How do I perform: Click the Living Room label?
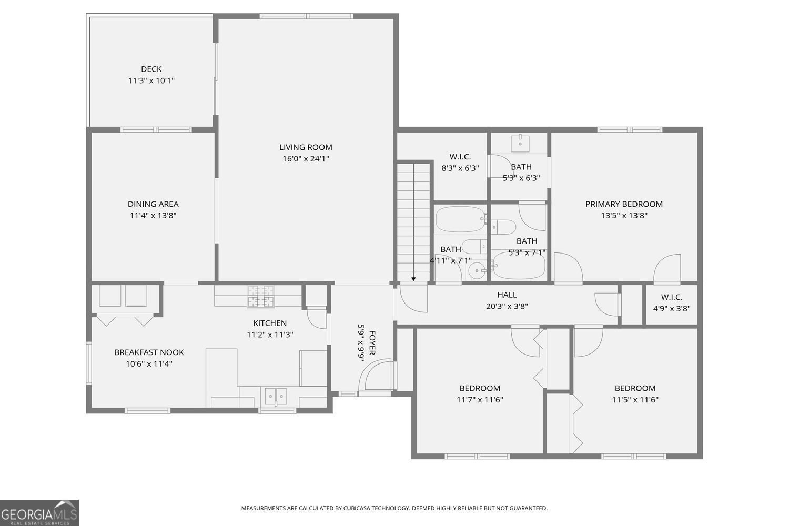coord(306,147)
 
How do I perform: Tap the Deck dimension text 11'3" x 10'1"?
coord(151,80)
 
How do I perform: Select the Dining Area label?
coord(153,204)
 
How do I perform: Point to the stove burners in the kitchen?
coord(261,296)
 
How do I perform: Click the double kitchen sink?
coord(276,397)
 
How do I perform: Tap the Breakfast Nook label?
coord(149,352)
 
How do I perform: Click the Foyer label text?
coord(372,342)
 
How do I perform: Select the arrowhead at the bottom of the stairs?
coord(413,279)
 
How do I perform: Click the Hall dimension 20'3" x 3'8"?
coord(507,307)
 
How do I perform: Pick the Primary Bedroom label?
coord(624,204)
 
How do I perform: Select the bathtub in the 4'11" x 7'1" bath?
coord(460,219)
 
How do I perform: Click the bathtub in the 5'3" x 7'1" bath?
coord(518,265)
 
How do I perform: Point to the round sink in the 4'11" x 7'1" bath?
coord(477,270)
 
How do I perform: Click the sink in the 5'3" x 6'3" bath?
coord(520,143)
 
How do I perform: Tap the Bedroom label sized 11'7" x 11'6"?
coord(480,388)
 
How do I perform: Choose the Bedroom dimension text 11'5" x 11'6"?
coord(635,400)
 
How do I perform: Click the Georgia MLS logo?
coord(39,513)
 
